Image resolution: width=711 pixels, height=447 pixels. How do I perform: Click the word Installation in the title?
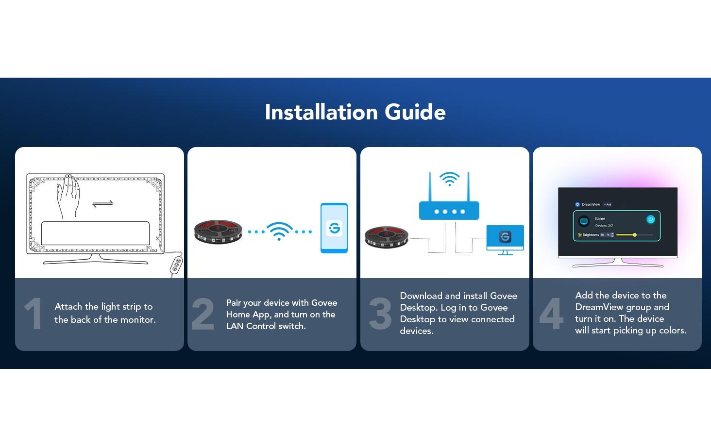click(321, 112)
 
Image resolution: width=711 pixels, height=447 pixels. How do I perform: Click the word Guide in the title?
click(415, 112)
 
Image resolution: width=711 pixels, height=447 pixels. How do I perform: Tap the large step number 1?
click(34, 314)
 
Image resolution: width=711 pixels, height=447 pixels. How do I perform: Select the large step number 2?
click(203, 314)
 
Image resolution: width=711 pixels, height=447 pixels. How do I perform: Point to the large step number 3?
click(380, 314)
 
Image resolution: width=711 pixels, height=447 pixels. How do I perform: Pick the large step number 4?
click(551, 314)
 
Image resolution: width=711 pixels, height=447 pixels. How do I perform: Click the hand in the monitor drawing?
click(68, 196)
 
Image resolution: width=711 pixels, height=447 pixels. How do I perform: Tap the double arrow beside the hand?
click(103, 203)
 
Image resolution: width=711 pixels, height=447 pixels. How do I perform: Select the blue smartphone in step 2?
click(334, 228)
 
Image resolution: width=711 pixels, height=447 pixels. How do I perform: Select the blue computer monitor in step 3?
click(505, 240)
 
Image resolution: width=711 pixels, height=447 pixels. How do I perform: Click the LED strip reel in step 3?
click(387, 237)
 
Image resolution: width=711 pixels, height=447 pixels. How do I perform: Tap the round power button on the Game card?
click(650, 219)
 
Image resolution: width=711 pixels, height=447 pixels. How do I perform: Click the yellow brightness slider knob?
click(634, 235)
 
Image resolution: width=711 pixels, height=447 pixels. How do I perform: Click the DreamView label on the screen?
click(591, 204)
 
